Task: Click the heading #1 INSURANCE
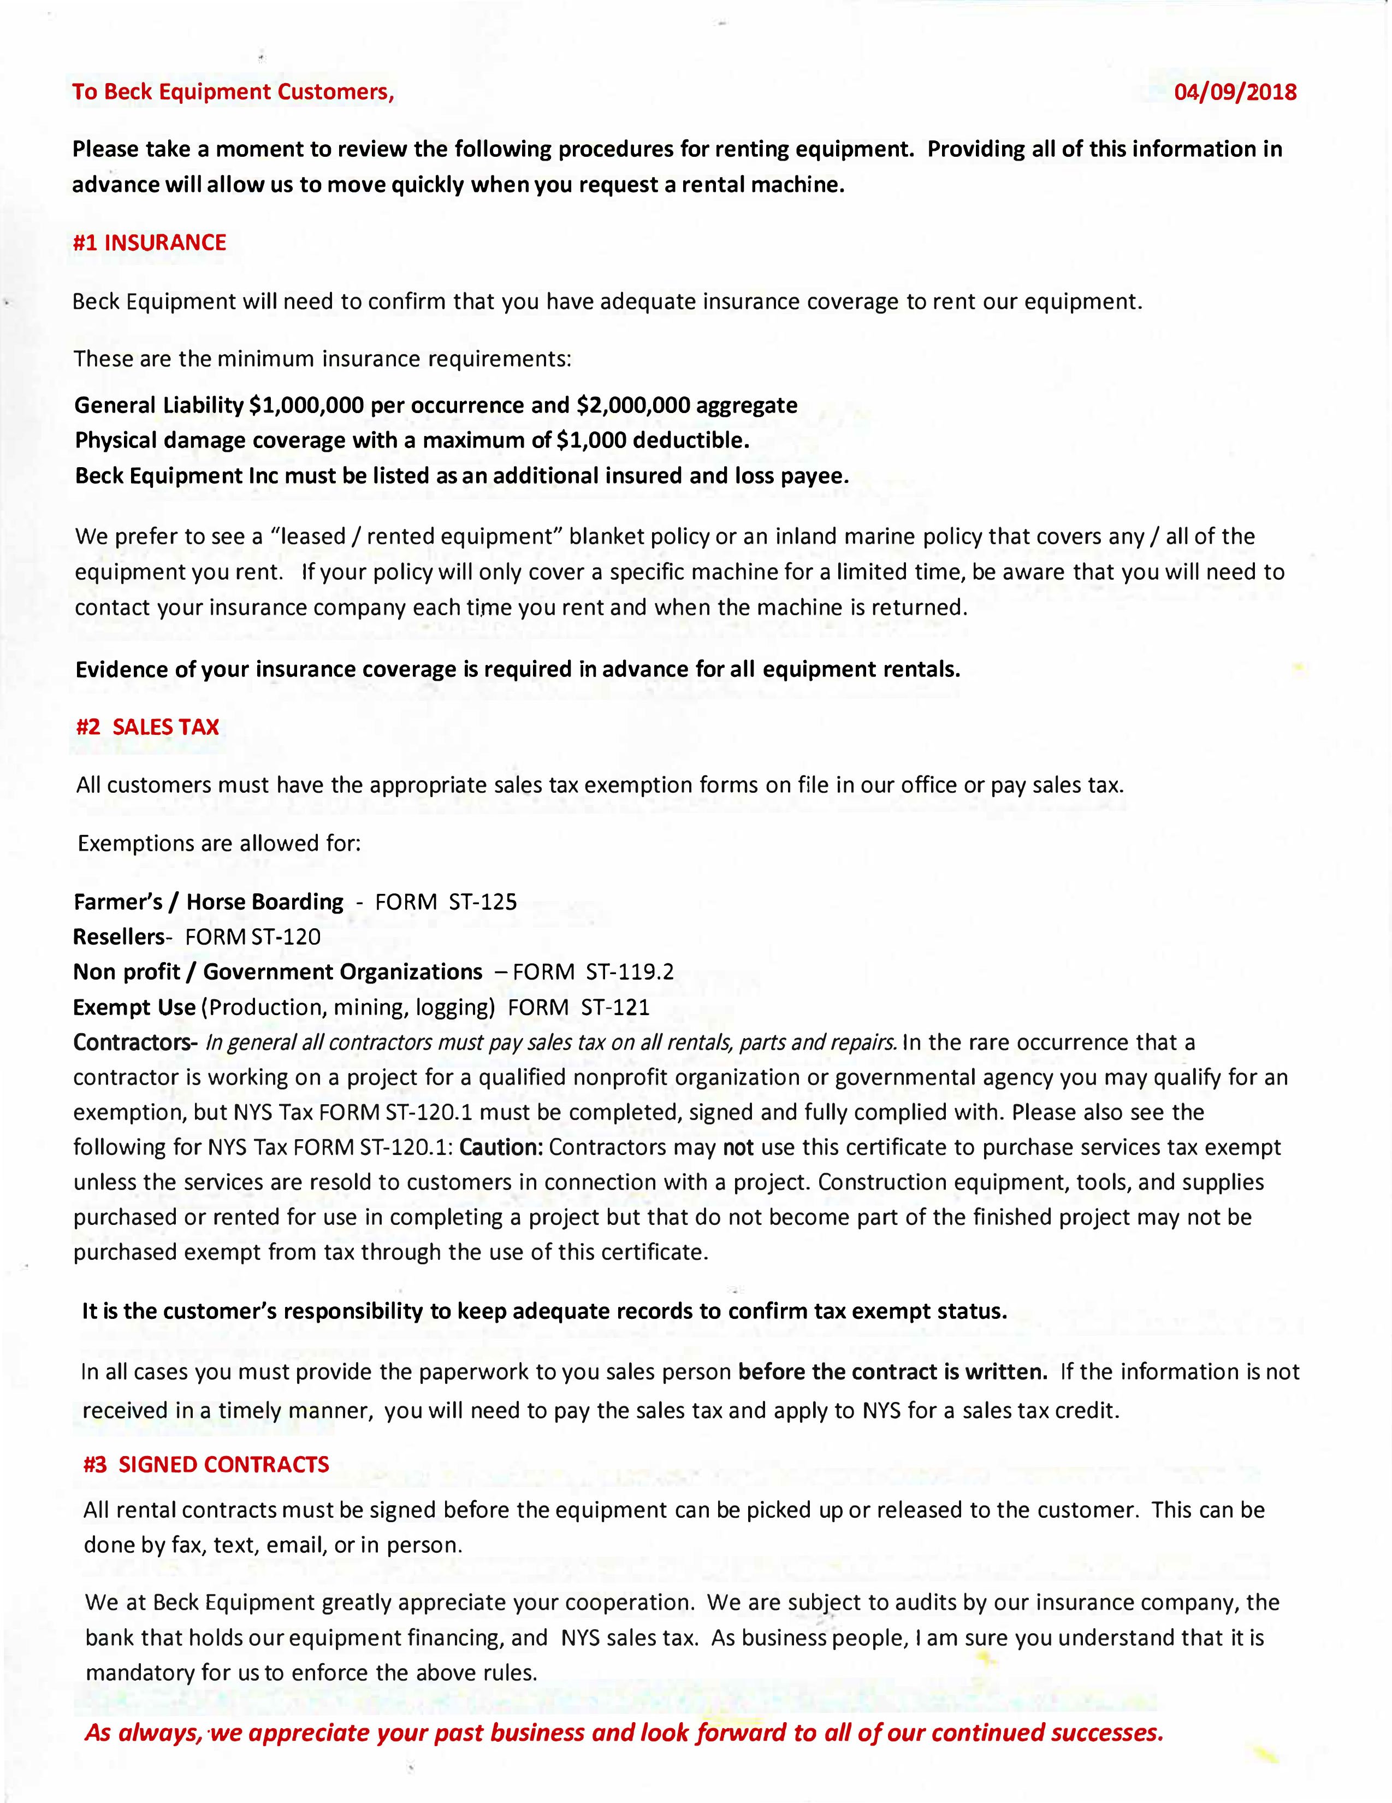(149, 243)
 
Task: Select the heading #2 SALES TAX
(147, 727)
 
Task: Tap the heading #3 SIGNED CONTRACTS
(206, 1464)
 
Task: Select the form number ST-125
(483, 901)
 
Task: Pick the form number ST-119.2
(630, 971)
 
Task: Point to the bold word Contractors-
(134, 1042)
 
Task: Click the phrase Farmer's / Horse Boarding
(208, 901)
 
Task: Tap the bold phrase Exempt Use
(134, 1007)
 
